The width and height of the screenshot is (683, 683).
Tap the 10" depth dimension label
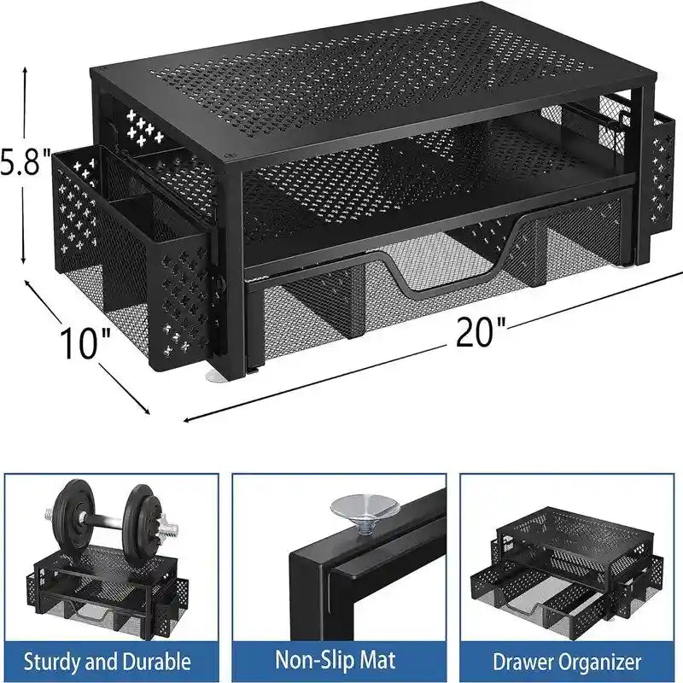85,342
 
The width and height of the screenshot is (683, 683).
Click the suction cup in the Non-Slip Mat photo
356,513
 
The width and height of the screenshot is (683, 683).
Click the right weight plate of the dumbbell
141,522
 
